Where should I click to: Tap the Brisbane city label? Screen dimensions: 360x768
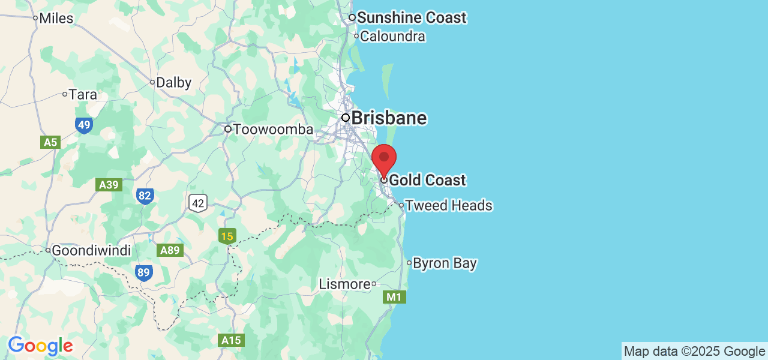(x=388, y=118)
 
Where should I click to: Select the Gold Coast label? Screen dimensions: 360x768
(x=427, y=180)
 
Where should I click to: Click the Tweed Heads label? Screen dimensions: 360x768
(x=448, y=205)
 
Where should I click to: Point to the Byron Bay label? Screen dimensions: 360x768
(x=445, y=263)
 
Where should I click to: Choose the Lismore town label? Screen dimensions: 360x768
(x=344, y=284)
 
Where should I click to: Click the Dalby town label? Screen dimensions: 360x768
(x=173, y=83)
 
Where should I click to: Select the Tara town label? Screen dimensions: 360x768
(x=83, y=94)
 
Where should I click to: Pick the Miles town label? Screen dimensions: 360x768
(x=56, y=18)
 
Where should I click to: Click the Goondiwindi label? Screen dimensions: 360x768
(x=91, y=250)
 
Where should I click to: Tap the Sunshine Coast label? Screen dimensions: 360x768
(x=411, y=17)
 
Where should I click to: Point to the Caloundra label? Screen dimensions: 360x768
(x=393, y=36)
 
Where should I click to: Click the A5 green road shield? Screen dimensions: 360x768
(x=51, y=142)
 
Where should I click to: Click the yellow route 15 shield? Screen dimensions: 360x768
(x=227, y=236)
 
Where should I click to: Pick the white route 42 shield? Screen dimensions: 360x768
(x=198, y=203)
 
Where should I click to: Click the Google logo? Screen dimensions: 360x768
(x=40, y=346)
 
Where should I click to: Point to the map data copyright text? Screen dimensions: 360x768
(x=694, y=352)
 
